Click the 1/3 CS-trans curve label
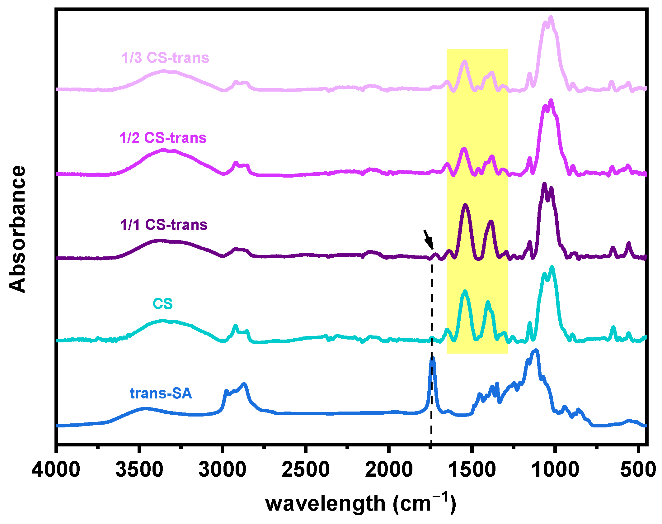pos(165,58)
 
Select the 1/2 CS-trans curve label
pos(163,138)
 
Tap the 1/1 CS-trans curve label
pos(164,225)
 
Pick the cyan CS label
pos(162,304)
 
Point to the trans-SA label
pos(161,393)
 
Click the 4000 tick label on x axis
pos(56,470)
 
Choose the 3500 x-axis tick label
pos(139,470)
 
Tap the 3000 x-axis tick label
pos(222,470)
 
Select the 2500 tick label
pos(306,470)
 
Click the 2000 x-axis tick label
pos(389,470)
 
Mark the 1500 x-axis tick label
pos(472,470)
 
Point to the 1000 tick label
pos(555,470)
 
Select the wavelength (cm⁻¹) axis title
pos(360,503)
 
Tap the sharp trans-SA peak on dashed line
pos(432,359)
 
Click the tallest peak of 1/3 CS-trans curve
pos(551,18)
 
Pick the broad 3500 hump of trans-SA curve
pos(145,408)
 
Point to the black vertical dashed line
pos(432,312)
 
